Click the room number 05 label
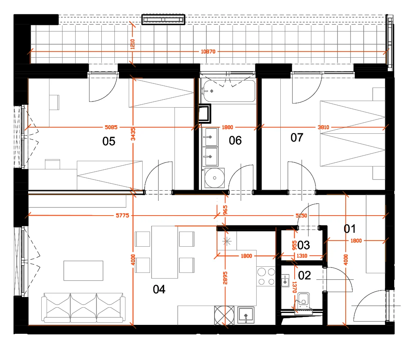pos(109,142)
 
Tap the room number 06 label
pos(235,140)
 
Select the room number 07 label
pos(297,137)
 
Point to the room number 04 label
pos(159,289)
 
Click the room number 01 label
pos(350,229)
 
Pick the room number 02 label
pos(304,276)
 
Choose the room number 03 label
pos(304,245)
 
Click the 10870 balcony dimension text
pos(208,52)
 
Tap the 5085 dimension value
pos(111,127)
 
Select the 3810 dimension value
pos(323,127)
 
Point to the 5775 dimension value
pos(123,215)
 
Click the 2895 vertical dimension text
pos(225,278)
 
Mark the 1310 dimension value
pos(302,256)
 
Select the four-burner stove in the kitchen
pos(266,277)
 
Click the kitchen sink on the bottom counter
pos(246,315)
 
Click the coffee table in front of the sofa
pos(83,270)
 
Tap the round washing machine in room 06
pos(215,178)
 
